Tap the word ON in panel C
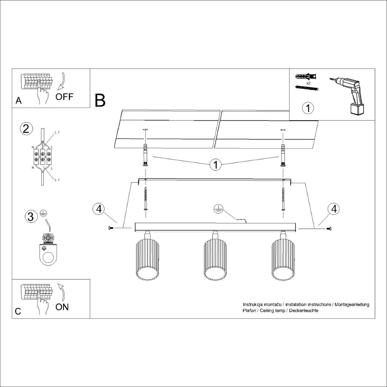point(62,307)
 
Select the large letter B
point(100,100)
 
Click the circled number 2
point(26,129)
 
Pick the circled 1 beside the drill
point(308,108)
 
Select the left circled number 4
point(98,209)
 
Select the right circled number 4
point(333,209)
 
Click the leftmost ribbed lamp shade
point(147,261)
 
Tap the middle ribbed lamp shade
point(215,261)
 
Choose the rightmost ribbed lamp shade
point(282,261)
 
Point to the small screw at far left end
point(111,228)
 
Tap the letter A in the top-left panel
point(19,101)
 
